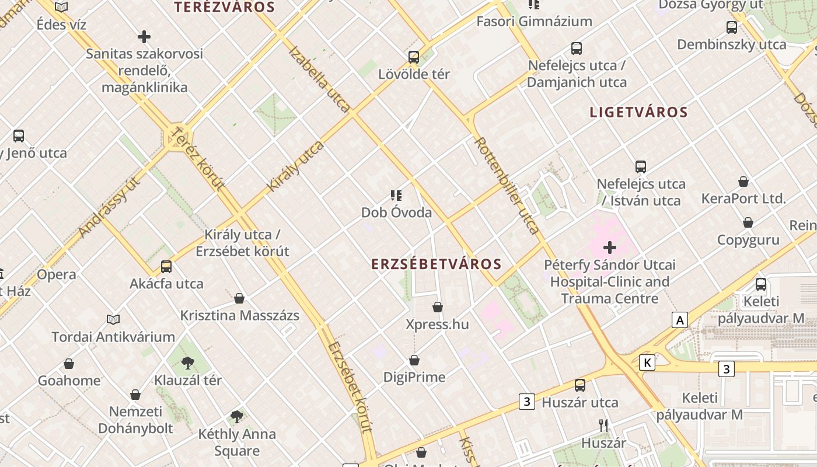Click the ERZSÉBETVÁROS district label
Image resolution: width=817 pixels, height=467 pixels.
pos(437,264)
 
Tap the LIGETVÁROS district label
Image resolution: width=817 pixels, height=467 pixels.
pos(638,112)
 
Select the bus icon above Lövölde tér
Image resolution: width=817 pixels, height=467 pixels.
pos(414,57)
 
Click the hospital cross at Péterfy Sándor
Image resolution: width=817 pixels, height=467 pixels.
pos(610,248)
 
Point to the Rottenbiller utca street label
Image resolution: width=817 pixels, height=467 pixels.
pos(506,185)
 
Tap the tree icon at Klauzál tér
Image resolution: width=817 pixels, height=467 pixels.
pos(187,363)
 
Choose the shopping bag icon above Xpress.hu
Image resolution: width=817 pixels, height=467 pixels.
pos(438,307)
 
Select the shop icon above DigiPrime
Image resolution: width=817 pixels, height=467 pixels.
pos(414,360)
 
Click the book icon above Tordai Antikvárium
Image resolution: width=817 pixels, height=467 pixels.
pos(113,319)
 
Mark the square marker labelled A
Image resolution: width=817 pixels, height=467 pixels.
pos(679,320)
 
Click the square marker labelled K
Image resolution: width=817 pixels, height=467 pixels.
pos(647,363)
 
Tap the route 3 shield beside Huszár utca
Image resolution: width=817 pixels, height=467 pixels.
pos(527,402)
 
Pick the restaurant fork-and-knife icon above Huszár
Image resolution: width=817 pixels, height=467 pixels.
pos(603,425)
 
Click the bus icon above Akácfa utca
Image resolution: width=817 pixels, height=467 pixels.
pos(166,267)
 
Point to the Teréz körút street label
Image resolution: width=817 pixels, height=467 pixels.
pos(199,158)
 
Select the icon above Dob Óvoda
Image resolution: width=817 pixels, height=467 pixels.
pos(396,195)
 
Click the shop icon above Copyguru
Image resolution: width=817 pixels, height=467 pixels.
pos(748,222)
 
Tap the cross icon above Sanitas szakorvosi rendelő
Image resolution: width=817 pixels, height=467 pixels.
pos(144,37)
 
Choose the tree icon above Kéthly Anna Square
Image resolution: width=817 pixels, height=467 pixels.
pos(236,416)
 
